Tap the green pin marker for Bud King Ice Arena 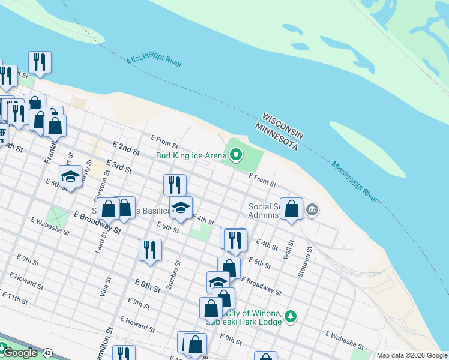236,155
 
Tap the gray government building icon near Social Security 312,209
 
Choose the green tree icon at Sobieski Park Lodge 291,315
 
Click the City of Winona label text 253,314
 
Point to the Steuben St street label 304,262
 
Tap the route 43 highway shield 47,352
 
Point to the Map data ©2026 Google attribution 412,355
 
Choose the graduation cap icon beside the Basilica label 181,208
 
